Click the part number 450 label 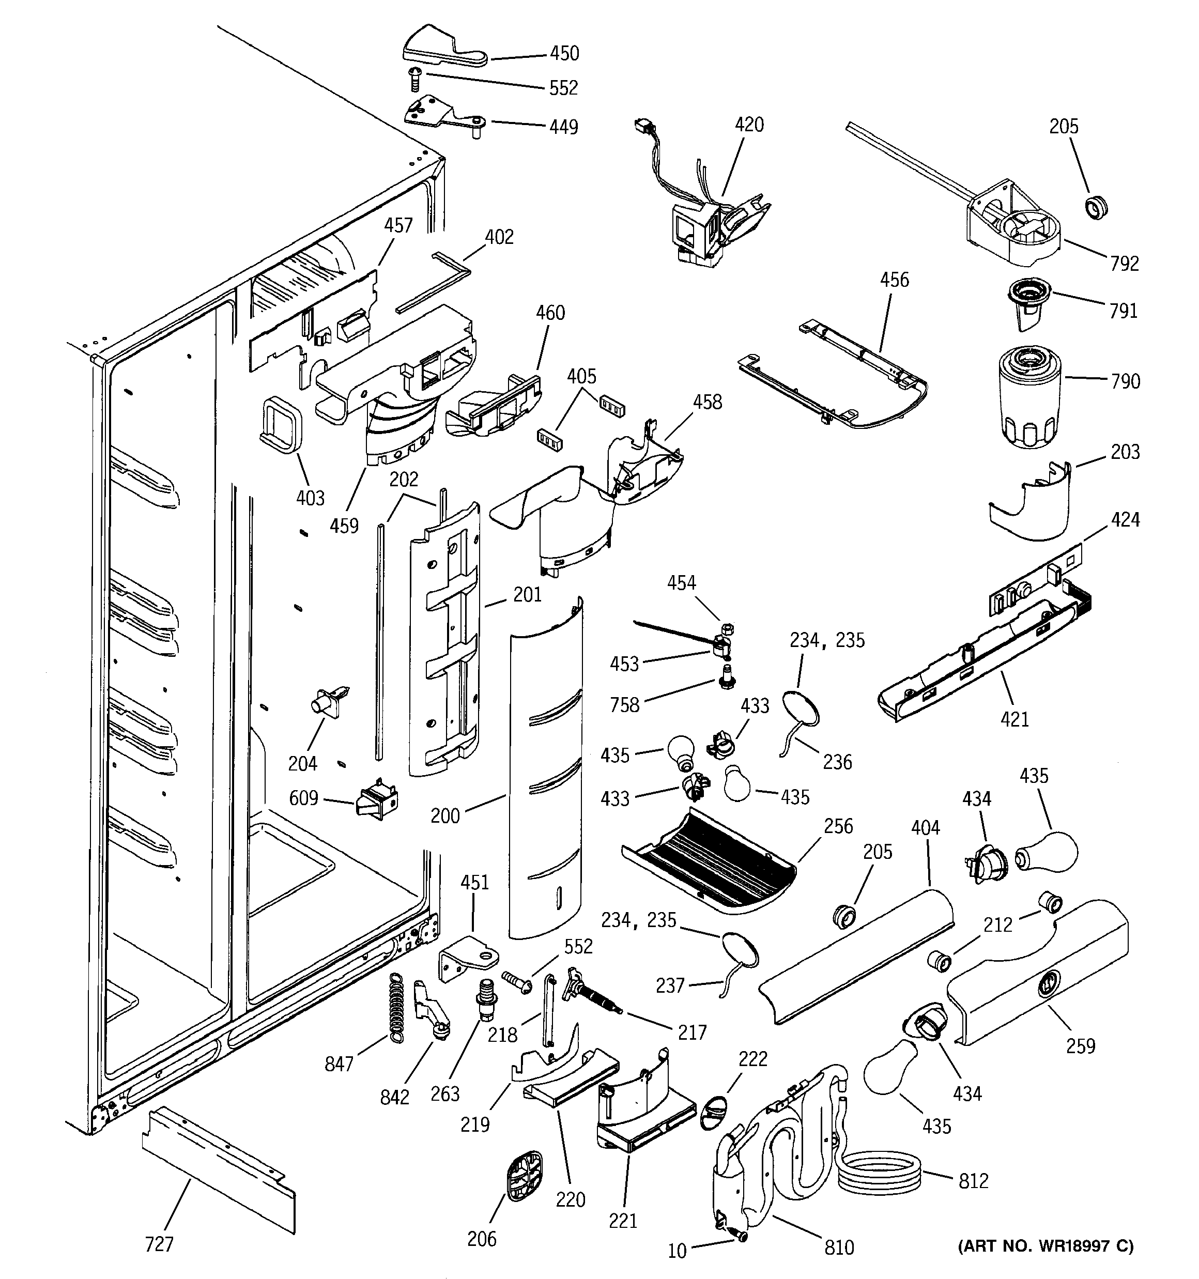[564, 53]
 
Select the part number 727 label [159, 1244]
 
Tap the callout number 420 [749, 125]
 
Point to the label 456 [895, 280]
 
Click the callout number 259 [1080, 1046]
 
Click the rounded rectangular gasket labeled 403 [281, 422]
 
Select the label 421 [1014, 719]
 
